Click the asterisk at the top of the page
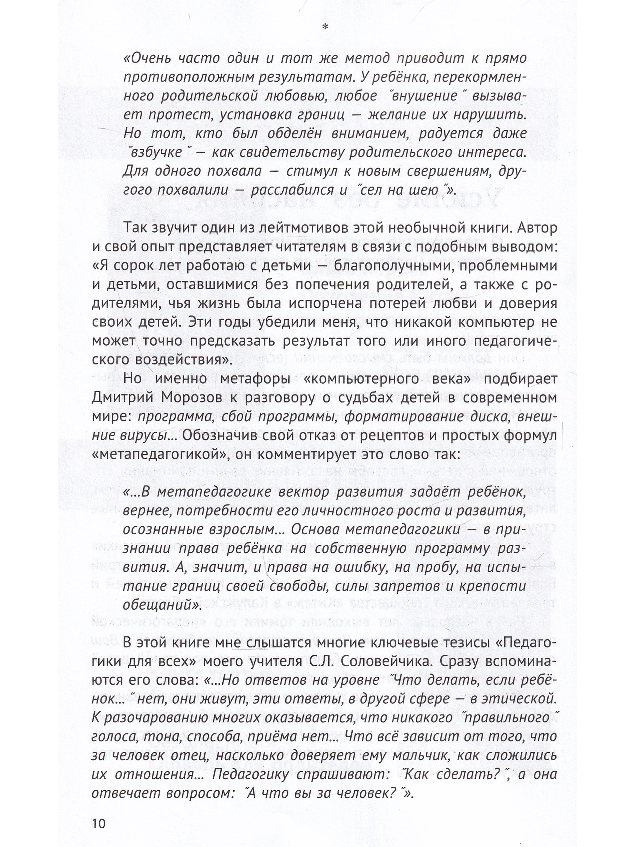(x=325, y=27)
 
